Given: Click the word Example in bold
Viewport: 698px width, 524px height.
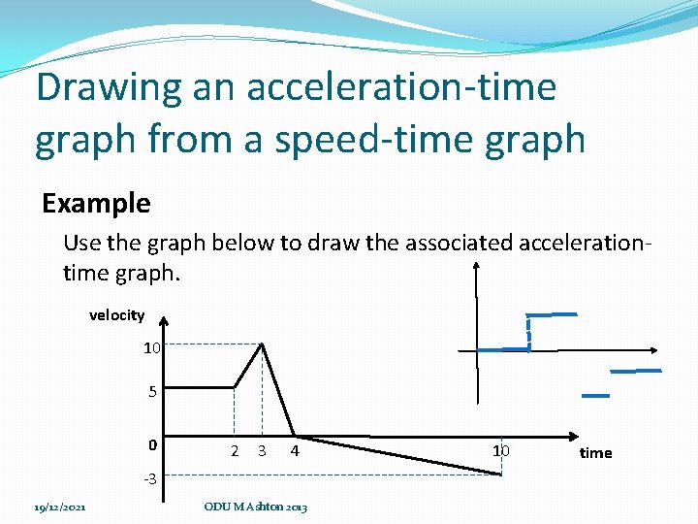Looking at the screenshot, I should point(96,204).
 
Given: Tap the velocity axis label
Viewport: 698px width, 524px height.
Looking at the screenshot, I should point(116,315).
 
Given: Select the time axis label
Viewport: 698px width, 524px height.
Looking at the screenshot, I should point(595,453).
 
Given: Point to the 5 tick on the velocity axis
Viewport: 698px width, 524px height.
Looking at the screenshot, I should point(152,393).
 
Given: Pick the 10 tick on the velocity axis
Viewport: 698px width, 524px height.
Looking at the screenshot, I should point(151,347).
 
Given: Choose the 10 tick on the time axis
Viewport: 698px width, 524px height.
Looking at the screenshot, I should point(500,450).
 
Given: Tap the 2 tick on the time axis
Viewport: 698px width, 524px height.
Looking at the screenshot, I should point(235,450).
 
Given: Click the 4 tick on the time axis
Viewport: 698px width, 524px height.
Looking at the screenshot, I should point(295,450).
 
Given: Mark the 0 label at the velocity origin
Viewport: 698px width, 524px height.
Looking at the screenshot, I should point(152,444).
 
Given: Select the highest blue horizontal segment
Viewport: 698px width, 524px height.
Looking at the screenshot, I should point(551,314).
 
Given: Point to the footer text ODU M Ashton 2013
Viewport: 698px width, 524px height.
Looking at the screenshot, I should point(256,508).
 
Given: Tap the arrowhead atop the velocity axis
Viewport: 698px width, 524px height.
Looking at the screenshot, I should point(165,324).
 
